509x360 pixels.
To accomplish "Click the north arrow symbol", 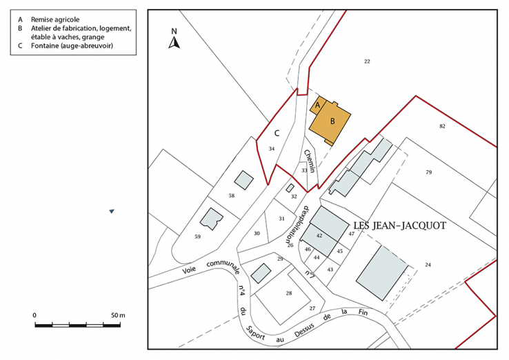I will pos(175,40).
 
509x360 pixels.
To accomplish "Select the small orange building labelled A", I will pos(317,106).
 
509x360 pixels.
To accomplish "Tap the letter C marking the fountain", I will pos(277,132).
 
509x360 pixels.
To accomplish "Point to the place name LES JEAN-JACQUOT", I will pos(399,226).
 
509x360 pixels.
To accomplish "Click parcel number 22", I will pos(368,62).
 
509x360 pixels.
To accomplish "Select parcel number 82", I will pos(442,126).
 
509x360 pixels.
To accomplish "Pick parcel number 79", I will pos(428,172).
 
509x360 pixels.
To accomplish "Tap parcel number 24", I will pos(428,265).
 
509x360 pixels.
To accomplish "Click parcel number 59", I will pos(197,237).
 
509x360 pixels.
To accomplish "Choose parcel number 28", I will pos(288,293).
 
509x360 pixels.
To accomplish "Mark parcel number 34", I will pos(272,149).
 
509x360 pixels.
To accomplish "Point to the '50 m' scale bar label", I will pos(118,315).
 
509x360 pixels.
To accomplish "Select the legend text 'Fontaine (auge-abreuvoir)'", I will pos(72,46).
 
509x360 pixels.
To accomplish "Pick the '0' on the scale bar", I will pos(34,315).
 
